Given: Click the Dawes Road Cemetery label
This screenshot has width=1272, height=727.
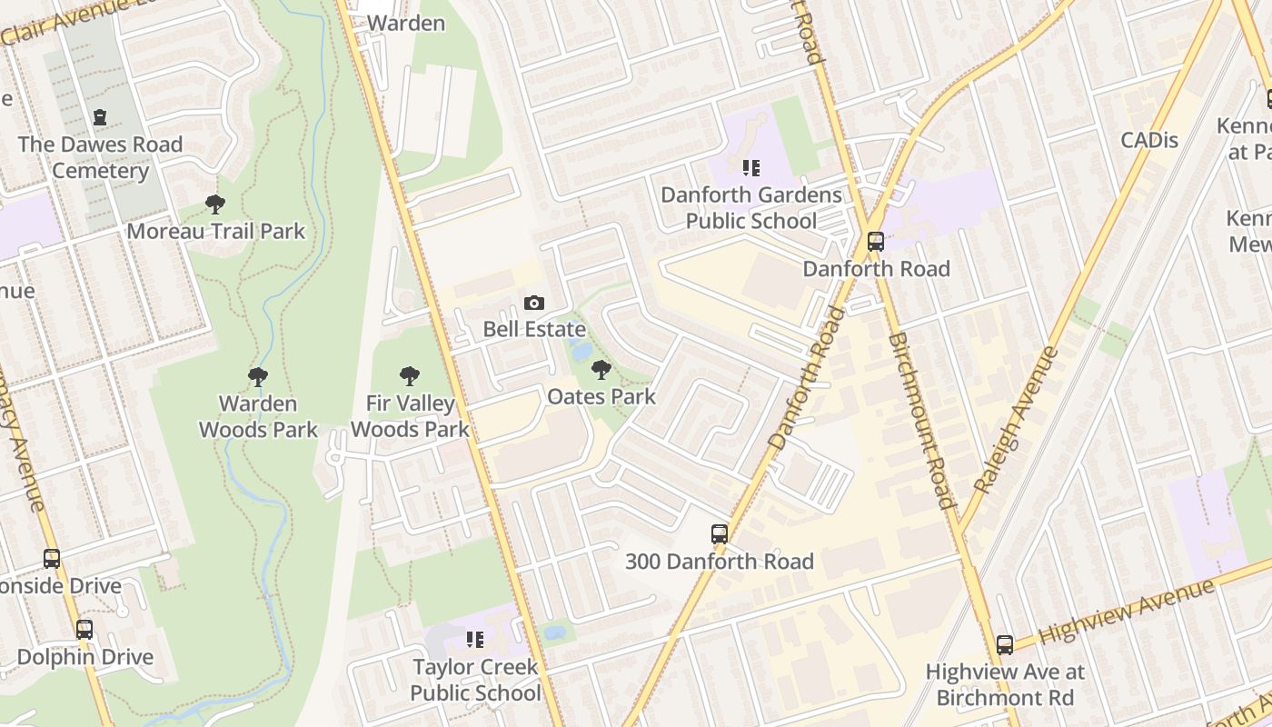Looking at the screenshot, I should point(100,157).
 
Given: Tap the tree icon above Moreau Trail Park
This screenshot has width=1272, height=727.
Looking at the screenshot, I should point(215,204).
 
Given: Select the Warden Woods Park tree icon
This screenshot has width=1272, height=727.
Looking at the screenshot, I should point(258,376).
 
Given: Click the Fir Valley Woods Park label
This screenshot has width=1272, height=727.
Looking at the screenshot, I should point(410,416).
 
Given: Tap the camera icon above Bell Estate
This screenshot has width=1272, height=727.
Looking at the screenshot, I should point(534,303).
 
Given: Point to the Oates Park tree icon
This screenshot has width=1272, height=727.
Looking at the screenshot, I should point(601,370).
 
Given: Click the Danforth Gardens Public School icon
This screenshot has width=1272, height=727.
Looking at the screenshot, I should point(751,167).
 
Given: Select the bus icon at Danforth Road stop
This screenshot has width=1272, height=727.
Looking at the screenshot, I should point(875,242).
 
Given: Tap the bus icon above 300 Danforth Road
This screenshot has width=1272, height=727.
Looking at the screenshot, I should point(720,534).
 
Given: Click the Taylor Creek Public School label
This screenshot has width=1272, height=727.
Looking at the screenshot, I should point(475,680).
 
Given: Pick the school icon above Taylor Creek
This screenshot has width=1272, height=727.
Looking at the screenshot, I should point(474,640).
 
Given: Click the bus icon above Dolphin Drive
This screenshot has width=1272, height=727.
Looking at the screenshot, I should point(84,629).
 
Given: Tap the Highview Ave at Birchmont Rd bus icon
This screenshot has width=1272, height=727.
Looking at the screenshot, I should point(1004,645).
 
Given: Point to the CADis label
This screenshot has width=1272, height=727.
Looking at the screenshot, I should point(1149,140).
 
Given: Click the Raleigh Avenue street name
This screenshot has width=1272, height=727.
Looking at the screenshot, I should point(1016,421).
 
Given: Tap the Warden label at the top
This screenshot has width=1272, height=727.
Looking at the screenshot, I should point(406,23).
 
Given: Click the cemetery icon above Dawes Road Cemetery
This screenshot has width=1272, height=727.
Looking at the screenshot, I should point(100,117).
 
